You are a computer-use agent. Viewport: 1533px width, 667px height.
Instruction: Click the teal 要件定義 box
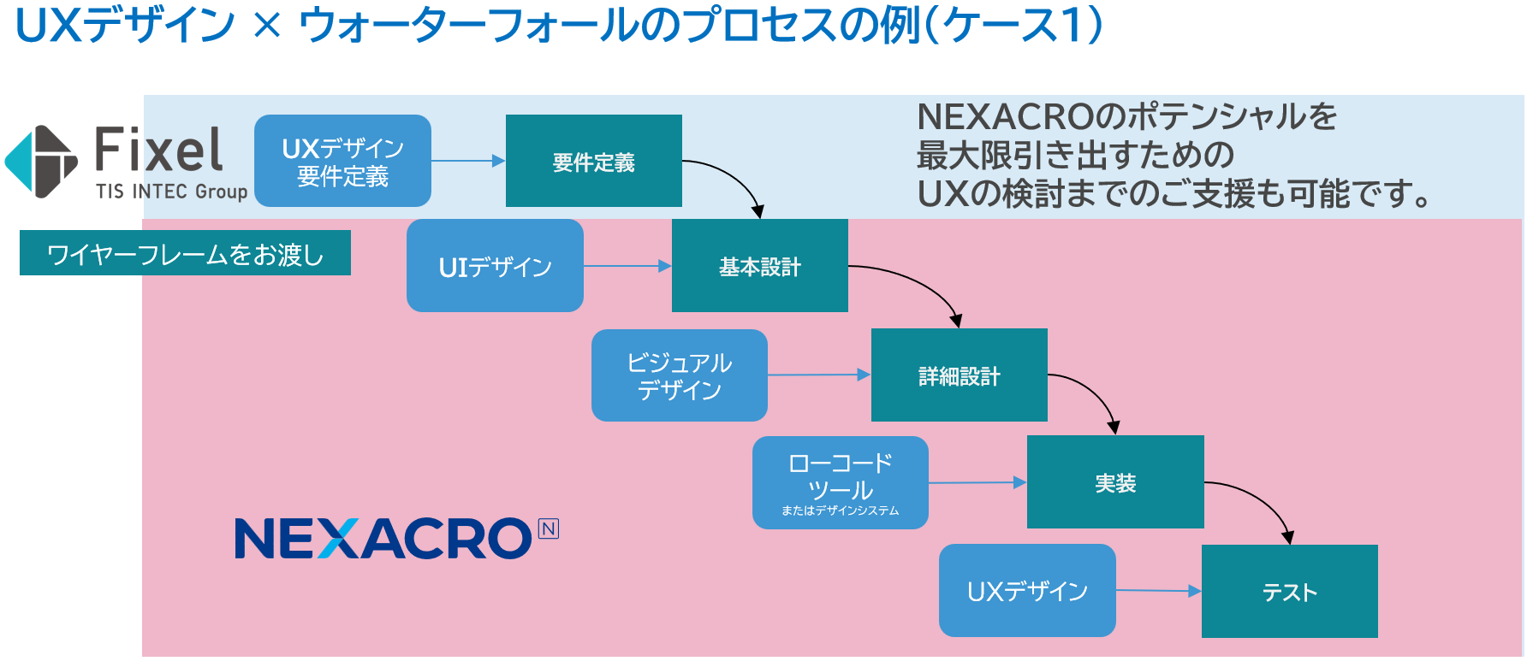[x=593, y=161]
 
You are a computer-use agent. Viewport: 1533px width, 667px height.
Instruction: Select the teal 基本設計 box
[x=759, y=266]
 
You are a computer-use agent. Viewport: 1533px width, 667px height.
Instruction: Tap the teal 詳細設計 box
[x=959, y=375]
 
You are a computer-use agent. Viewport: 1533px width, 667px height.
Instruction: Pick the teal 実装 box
[x=1114, y=482]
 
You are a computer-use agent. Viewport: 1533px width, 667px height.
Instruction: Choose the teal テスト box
[x=1289, y=591]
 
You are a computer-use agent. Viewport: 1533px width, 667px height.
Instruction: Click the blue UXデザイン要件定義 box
[x=342, y=161]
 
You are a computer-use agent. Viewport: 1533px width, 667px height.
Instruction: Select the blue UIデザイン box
[x=495, y=266]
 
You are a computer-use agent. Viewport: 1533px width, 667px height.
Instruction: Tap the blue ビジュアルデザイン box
[x=679, y=375]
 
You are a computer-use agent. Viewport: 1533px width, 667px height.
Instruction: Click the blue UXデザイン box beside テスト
[x=1027, y=591]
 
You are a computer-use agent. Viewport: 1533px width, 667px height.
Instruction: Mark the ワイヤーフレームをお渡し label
[x=185, y=253]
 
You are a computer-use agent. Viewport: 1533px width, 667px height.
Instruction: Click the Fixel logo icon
[x=41, y=162]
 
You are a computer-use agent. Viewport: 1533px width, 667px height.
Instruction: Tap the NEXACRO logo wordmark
[x=383, y=539]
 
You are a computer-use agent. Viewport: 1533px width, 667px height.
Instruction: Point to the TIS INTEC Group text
[x=171, y=192]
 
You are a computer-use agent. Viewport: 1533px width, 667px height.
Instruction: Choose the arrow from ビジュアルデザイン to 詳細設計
[x=818, y=375]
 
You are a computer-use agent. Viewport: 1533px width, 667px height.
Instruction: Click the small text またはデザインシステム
[x=840, y=511]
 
